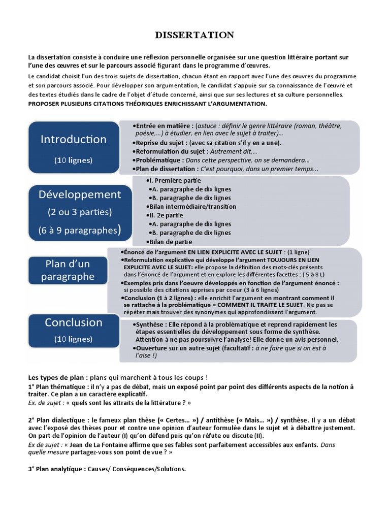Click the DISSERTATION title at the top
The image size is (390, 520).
[194, 35]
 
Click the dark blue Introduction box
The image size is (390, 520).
[74, 147]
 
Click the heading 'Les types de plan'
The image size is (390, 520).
[57, 377]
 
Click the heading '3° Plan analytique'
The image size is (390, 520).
[57, 469]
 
